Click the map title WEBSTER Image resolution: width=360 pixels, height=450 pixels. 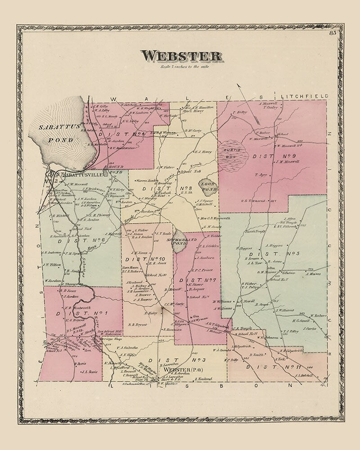click(x=181, y=56)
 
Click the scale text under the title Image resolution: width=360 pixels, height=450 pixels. click(x=181, y=67)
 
